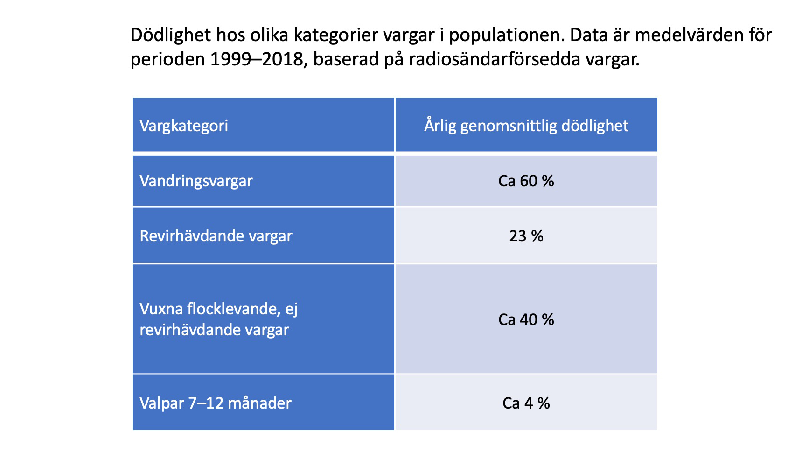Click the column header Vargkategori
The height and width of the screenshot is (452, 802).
[x=184, y=126]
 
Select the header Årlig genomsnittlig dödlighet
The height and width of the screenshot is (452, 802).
[x=526, y=126]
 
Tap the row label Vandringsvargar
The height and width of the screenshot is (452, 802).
[x=196, y=181]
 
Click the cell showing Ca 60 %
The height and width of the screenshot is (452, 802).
[x=526, y=181]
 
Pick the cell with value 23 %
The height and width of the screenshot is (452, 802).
[x=526, y=236]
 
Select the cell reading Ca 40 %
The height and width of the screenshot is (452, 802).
[x=526, y=320]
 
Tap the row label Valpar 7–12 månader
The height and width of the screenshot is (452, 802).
[x=215, y=403]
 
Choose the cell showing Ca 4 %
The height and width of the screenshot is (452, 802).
[x=526, y=403]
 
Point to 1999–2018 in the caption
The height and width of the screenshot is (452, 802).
[x=257, y=60]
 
